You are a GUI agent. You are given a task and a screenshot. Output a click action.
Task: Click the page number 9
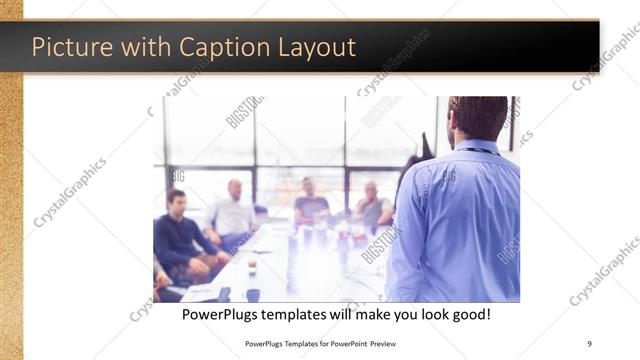point(590,344)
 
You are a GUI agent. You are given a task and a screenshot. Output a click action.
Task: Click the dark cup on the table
point(252,295)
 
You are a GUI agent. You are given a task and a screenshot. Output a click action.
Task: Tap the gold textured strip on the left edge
point(11,200)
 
